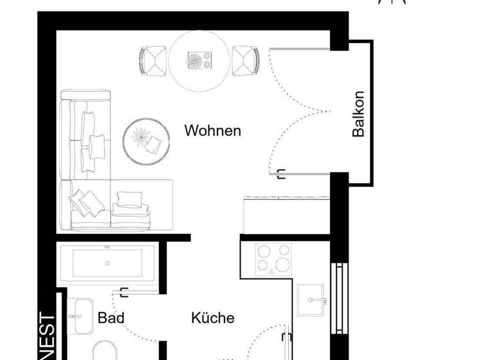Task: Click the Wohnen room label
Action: pyautogui.click(x=212, y=130)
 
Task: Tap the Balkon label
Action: pyautogui.click(x=358, y=114)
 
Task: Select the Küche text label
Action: pyautogui.click(x=212, y=318)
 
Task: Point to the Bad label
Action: pyautogui.click(x=111, y=318)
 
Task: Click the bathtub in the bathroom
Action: pyautogui.click(x=107, y=264)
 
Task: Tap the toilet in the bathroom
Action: pyautogui.click(x=103, y=351)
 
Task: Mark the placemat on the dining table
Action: pyautogui.click(x=199, y=60)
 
